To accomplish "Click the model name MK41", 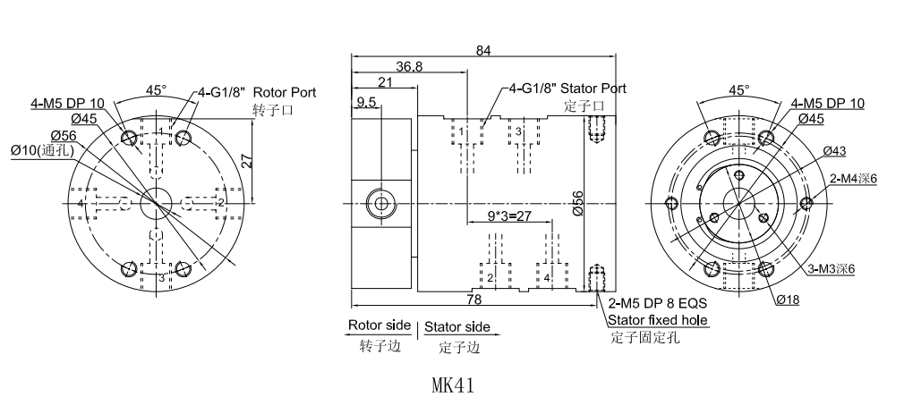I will [x=452, y=386].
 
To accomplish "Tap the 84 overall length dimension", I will [x=483, y=51].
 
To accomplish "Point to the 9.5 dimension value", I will [x=365, y=102].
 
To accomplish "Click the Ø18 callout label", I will [x=787, y=300].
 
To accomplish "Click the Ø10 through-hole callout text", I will [x=43, y=150].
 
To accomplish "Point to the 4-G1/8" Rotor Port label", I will [x=256, y=92].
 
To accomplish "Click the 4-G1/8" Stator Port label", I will [x=567, y=89].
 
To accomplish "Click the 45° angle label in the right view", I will [x=738, y=90].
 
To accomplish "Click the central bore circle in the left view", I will [x=156, y=202].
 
